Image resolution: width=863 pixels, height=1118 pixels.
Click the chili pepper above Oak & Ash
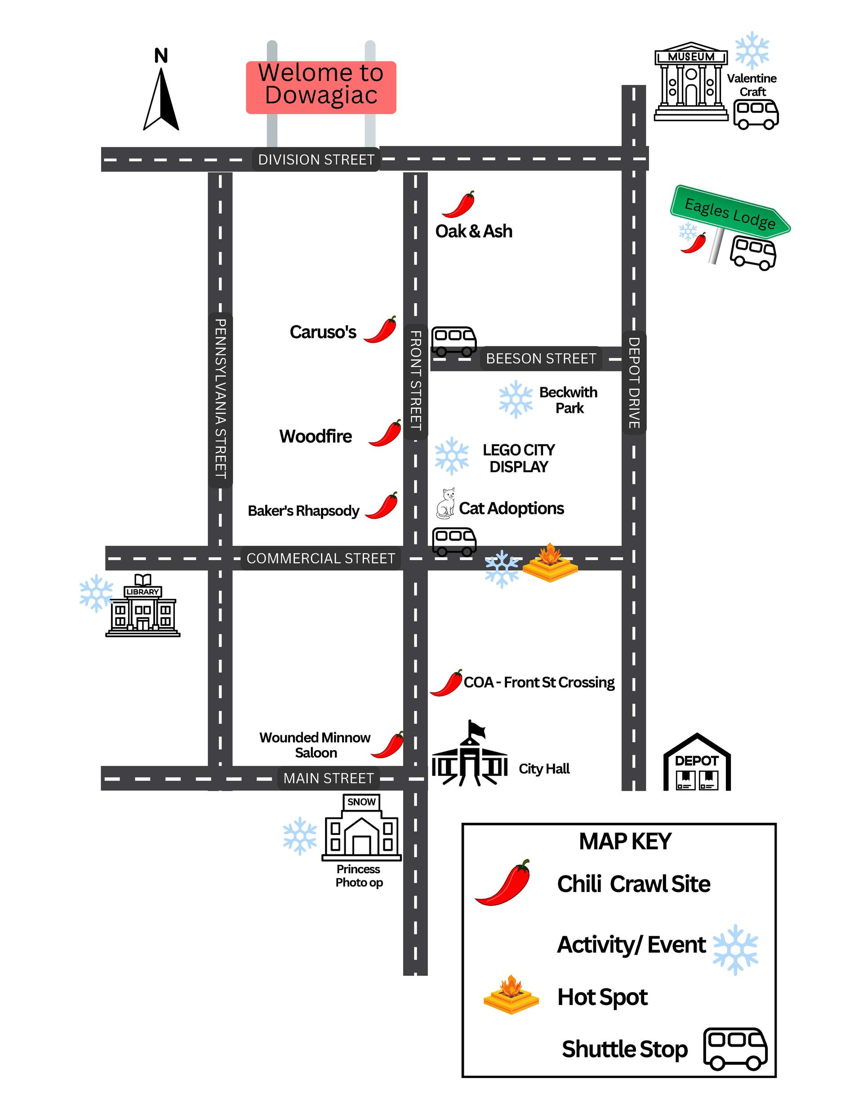(x=459, y=204)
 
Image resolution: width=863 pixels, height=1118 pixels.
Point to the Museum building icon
(x=691, y=82)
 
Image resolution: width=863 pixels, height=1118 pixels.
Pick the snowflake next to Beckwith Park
(x=516, y=399)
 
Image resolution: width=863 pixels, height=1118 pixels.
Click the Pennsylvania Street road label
(x=220, y=399)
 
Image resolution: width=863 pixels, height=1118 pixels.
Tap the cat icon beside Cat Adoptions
(x=446, y=504)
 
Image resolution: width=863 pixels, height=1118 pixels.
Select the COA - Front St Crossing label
(x=539, y=682)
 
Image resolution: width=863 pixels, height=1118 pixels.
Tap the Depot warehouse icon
(x=697, y=764)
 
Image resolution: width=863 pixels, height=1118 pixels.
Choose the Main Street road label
(x=328, y=778)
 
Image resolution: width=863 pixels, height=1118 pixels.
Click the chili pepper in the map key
(x=503, y=884)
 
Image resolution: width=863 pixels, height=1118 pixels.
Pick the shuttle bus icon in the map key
(x=735, y=1049)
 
